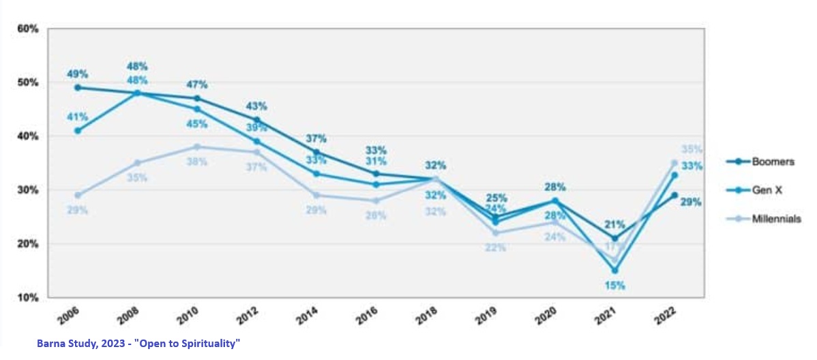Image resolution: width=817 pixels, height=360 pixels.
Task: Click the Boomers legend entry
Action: coord(770,162)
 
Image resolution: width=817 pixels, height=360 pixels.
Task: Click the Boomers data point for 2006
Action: coord(78,87)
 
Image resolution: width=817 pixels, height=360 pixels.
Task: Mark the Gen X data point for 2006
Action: coord(78,130)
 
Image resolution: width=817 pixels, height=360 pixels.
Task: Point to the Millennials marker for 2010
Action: coord(197,147)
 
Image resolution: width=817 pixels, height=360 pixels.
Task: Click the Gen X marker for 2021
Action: coord(614,271)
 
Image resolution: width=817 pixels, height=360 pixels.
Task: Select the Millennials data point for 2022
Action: coord(674,163)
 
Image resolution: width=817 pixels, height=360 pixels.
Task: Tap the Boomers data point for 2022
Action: coord(674,195)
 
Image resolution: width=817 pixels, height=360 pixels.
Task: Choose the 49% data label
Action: coord(78,74)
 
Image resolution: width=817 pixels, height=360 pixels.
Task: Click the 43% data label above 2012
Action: coord(256,106)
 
